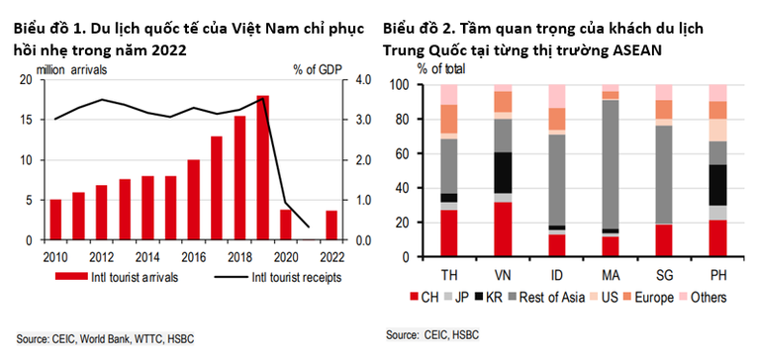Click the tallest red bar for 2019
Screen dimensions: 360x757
pyautogui.click(x=262, y=168)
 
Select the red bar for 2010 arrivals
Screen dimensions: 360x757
pyautogui.click(x=55, y=220)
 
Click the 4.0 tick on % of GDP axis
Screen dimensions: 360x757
pyautogui.click(x=363, y=80)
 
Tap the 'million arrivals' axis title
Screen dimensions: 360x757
pyautogui.click(x=72, y=68)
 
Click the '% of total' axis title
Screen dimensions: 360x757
pyautogui.click(x=441, y=68)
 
